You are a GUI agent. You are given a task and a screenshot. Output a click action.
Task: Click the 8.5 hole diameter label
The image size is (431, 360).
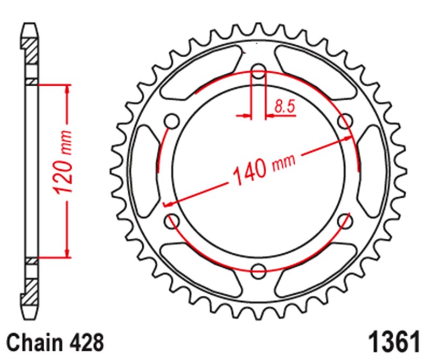point(284,107)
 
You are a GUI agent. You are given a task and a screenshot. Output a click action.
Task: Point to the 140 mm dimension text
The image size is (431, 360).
point(264,170)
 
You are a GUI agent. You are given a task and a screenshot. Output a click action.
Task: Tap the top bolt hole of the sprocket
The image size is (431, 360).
point(259,71)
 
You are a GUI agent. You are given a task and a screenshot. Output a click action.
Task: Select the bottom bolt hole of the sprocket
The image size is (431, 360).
point(259,271)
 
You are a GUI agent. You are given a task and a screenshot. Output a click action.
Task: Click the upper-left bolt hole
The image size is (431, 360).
point(172,121)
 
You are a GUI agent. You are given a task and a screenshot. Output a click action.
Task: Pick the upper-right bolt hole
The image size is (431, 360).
point(345,121)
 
